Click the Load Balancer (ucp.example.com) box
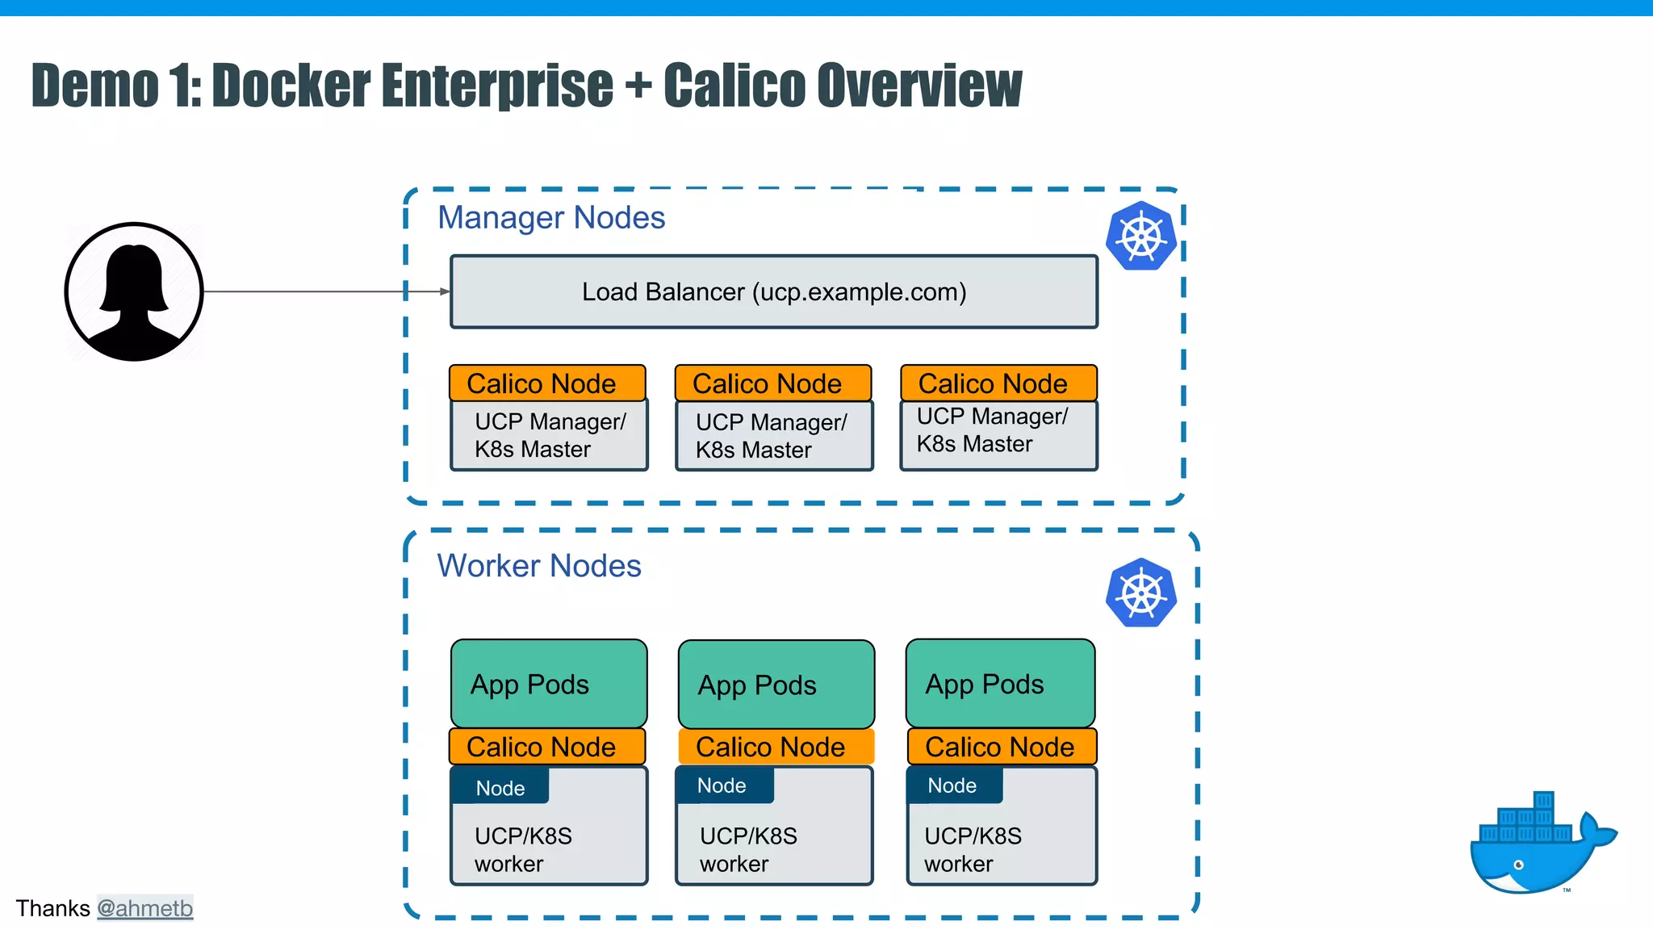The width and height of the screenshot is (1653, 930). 773,291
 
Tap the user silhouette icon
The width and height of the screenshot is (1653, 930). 134,291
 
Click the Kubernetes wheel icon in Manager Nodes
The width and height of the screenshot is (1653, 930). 1140,236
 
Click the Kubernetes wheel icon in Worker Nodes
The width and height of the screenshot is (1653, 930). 1140,593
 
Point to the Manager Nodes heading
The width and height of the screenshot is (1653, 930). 551,218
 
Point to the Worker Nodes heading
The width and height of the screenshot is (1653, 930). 539,566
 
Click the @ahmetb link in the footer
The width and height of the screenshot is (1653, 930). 145,908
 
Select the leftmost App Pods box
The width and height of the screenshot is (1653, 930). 549,684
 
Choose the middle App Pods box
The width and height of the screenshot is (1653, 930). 776,685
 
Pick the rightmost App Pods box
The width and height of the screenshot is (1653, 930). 1000,684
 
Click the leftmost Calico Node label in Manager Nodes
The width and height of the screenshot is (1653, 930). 547,383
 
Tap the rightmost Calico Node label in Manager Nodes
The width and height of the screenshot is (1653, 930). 998,383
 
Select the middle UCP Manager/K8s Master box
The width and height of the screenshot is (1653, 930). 774,436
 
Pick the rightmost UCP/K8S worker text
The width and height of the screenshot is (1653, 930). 973,849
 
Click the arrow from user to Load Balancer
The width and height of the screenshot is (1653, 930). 323,291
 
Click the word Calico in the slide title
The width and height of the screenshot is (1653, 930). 734,85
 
